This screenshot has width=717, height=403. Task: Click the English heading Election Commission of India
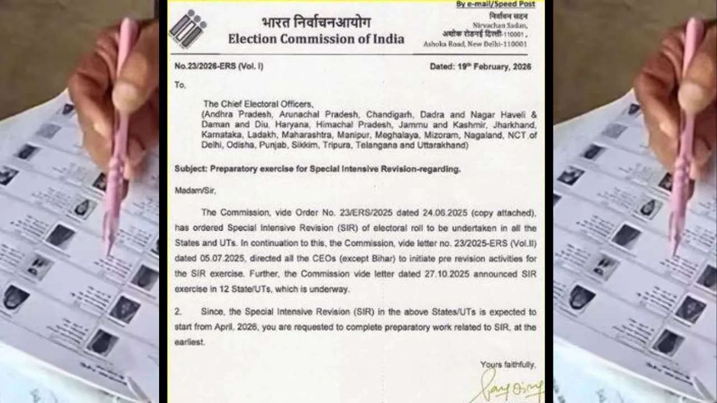(315, 39)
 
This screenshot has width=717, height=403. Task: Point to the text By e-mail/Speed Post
(495, 4)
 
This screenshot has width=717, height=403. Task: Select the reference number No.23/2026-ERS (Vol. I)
(219, 67)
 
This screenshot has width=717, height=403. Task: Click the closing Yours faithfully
(508, 365)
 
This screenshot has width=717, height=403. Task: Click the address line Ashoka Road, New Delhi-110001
(475, 44)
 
